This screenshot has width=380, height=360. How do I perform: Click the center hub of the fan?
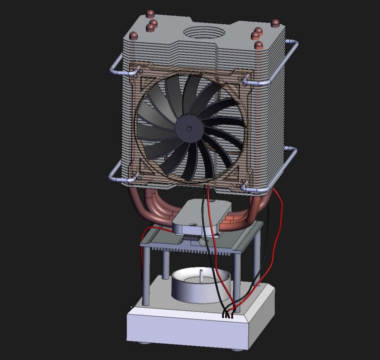pos(189,129)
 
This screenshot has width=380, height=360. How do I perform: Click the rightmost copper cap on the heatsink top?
pos(275,23)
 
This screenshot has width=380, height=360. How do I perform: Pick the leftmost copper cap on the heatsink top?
pos(134,36)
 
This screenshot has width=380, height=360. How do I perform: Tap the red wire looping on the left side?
pos(141,256)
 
